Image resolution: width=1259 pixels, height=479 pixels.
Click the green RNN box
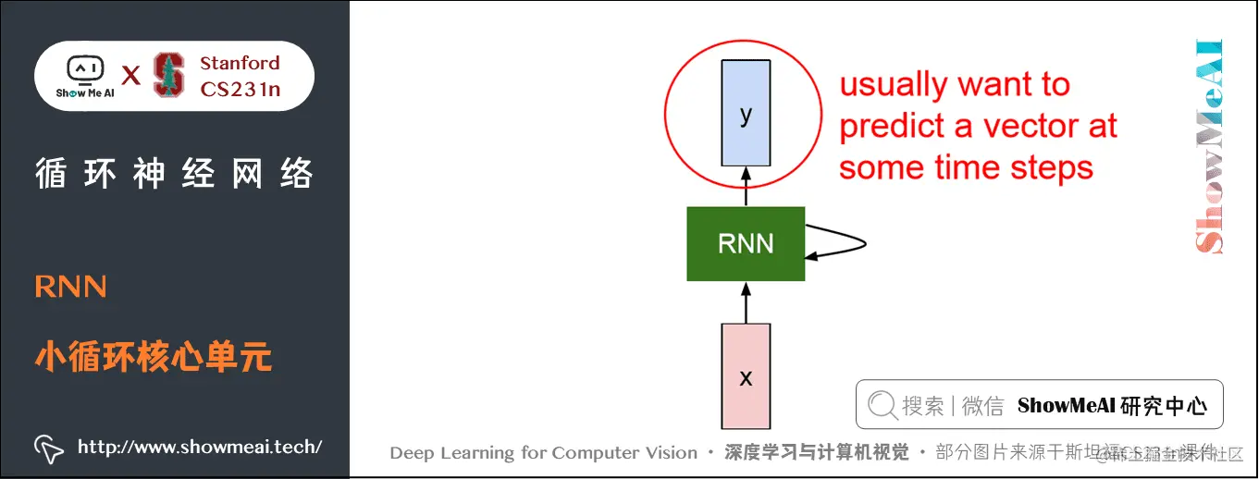746,244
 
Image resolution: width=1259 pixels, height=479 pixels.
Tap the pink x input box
746,376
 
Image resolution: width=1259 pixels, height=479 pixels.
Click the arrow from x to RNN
746,302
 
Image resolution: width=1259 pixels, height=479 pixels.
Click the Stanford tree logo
168,75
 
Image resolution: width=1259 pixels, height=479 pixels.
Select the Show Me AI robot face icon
84,70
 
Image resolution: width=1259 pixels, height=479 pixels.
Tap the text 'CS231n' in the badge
240,90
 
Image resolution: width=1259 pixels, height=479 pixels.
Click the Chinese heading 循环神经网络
174,173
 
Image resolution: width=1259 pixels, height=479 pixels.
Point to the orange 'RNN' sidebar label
70,287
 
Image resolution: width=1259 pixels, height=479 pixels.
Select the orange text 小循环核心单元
154,356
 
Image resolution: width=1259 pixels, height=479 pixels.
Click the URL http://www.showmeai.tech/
200,447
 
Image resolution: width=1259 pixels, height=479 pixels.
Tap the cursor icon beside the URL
49,448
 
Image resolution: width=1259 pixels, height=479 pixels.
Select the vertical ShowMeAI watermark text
1208,146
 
